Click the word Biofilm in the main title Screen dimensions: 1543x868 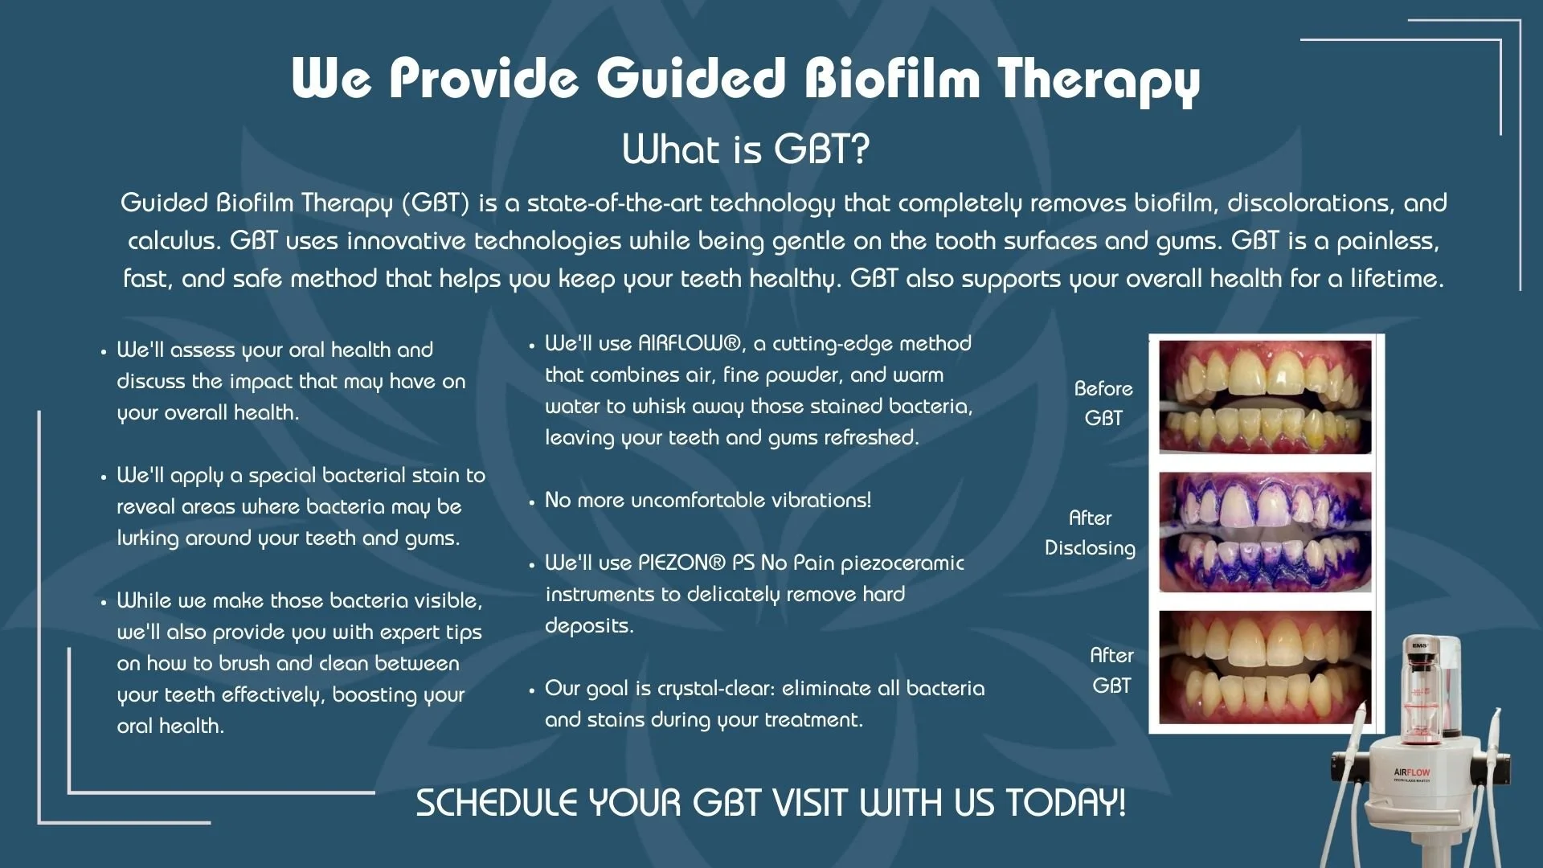coord(893,78)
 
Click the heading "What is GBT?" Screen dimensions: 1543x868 coord(746,149)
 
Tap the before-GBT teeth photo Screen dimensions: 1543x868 coord(1265,397)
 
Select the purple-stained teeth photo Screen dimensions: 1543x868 coord(1265,532)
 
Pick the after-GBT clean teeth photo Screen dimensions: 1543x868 coord(1265,667)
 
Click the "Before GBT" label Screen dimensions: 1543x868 coord(1103,403)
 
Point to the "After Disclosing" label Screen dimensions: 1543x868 coord(1090,533)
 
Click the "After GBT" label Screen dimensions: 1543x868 coord(1111,670)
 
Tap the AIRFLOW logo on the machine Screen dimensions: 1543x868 coord(1412,772)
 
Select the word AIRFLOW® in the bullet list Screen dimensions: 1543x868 coord(690,344)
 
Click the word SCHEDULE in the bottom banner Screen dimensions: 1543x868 coord(497,803)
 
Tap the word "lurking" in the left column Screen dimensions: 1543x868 coord(148,538)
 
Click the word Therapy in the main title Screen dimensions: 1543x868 coord(1099,81)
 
